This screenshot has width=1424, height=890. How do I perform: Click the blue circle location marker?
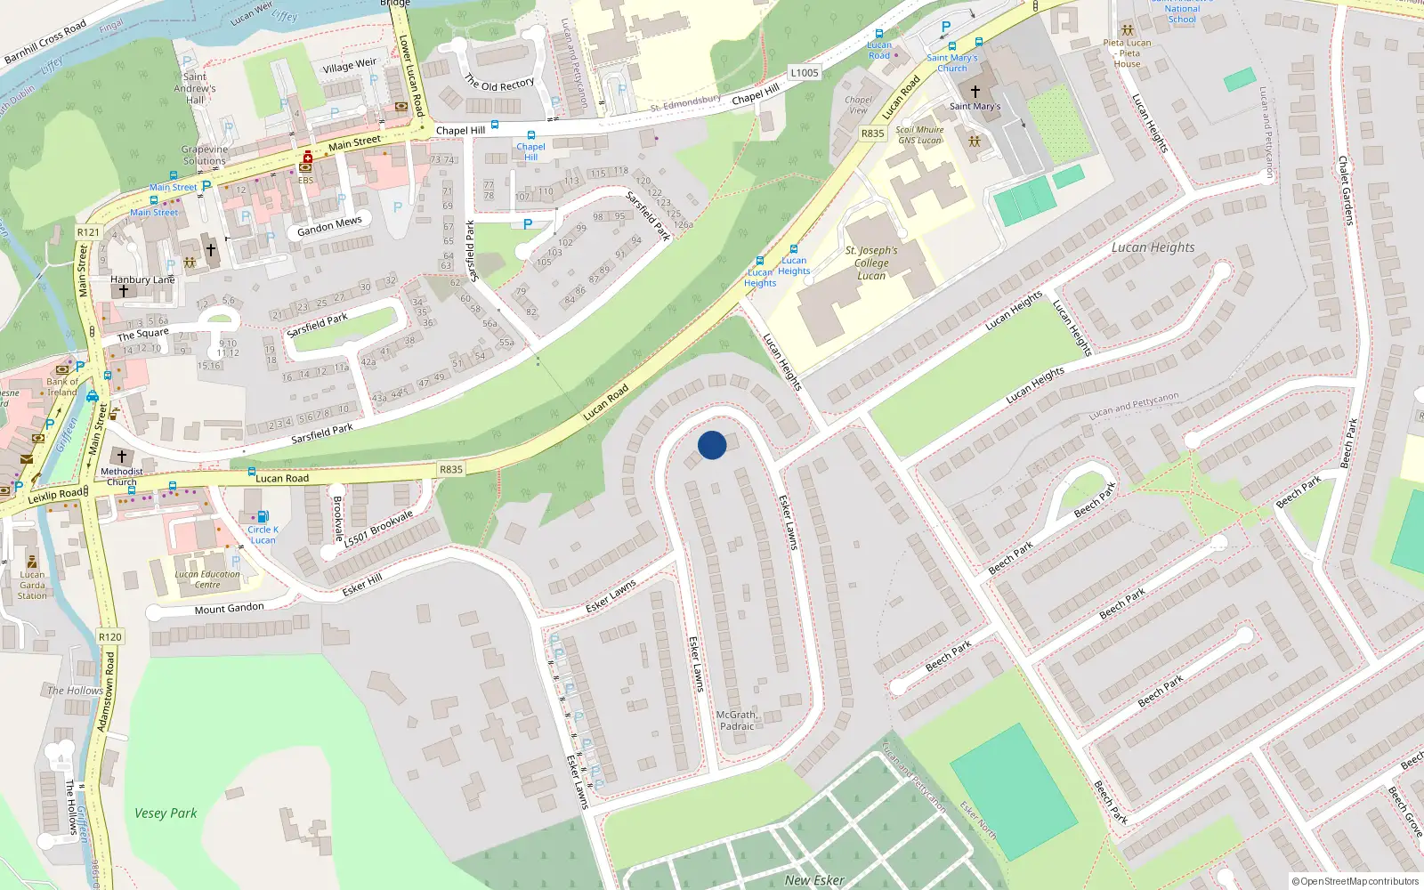(x=712, y=445)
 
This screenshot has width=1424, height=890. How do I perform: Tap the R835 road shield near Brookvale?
(x=451, y=469)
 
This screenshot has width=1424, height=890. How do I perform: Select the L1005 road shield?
(x=804, y=73)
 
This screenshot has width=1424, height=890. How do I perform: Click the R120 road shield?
(x=110, y=637)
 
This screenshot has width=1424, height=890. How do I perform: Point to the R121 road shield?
(x=88, y=232)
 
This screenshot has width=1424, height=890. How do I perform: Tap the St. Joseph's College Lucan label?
(x=871, y=263)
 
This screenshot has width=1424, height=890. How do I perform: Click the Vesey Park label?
(x=166, y=813)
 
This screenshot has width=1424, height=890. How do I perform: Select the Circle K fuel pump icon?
(x=263, y=516)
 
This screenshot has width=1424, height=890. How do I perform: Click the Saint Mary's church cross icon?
(x=975, y=92)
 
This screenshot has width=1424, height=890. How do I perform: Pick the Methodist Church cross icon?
(x=122, y=457)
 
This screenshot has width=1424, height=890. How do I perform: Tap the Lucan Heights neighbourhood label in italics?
(x=1153, y=247)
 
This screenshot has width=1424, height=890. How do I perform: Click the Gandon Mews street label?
(x=329, y=227)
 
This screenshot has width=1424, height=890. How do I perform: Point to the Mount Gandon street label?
(x=229, y=609)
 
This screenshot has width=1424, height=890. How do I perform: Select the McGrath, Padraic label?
(x=737, y=720)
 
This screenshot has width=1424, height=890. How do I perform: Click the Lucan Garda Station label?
(x=32, y=585)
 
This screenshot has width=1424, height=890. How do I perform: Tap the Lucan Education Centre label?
(x=207, y=579)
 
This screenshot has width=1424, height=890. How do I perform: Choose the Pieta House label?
(x=1127, y=53)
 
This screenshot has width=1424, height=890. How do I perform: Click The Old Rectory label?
(x=499, y=84)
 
